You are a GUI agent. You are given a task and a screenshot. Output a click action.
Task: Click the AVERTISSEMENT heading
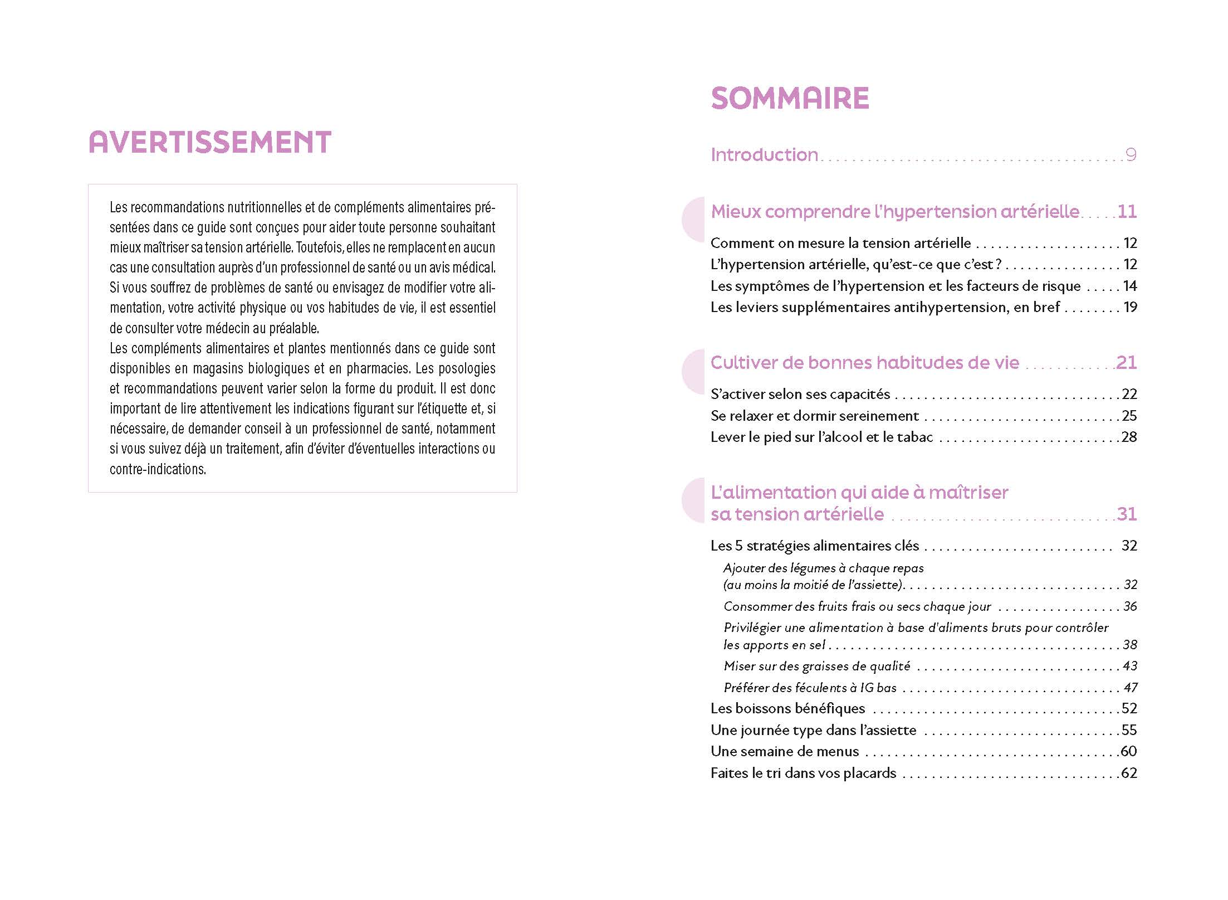coord(210,142)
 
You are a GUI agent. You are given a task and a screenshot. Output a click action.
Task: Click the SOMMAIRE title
coord(790,99)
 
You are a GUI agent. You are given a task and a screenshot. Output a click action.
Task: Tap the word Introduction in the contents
coord(764,155)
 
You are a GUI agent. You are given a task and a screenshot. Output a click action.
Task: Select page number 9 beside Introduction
coord(1131,154)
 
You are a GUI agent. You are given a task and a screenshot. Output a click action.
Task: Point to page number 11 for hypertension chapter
coord(1127,212)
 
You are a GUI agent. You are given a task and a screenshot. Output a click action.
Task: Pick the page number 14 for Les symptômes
coord(1129,286)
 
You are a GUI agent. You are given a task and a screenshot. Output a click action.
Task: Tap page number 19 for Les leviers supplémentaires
coord(1129,307)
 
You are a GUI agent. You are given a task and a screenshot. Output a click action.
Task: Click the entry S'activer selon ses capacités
coord(800,395)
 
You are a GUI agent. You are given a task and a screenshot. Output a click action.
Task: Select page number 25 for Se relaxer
coord(1129,416)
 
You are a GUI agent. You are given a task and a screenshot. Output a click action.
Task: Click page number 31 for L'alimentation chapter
coord(1127,514)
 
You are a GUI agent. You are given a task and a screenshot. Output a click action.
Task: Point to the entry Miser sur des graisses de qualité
coord(816,666)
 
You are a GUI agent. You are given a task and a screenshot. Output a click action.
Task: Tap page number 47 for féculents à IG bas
coord(1130,688)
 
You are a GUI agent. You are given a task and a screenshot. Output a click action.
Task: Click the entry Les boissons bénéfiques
coord(787,709)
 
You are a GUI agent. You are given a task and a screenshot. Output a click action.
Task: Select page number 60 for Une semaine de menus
coord(1128,751)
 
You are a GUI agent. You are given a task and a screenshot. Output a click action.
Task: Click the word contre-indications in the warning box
coord(158,469)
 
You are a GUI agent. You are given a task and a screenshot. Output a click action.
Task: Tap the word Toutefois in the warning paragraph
coord(319,247)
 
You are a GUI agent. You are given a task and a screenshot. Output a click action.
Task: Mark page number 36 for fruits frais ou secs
coord(1130,606)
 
